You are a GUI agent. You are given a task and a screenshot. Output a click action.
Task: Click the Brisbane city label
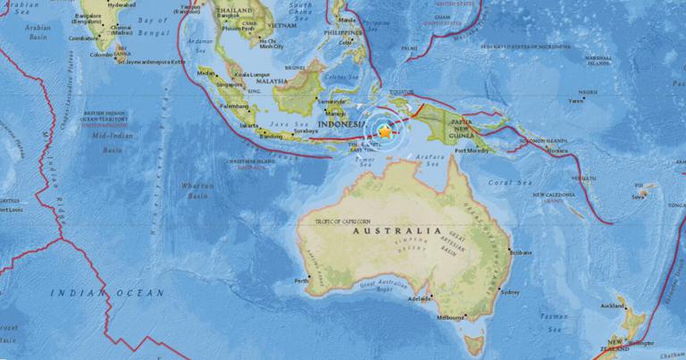[x=522, y=253]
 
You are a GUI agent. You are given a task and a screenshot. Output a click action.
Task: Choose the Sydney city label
[x=510, y=292]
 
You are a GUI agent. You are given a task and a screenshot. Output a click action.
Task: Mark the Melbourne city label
[x=450, y=317]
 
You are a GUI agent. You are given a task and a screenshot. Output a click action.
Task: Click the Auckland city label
[x=613, y=306]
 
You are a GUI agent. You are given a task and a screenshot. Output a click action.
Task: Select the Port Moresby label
[x=471, y=151]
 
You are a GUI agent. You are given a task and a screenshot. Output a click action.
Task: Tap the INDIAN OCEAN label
[x=107, y=292]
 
